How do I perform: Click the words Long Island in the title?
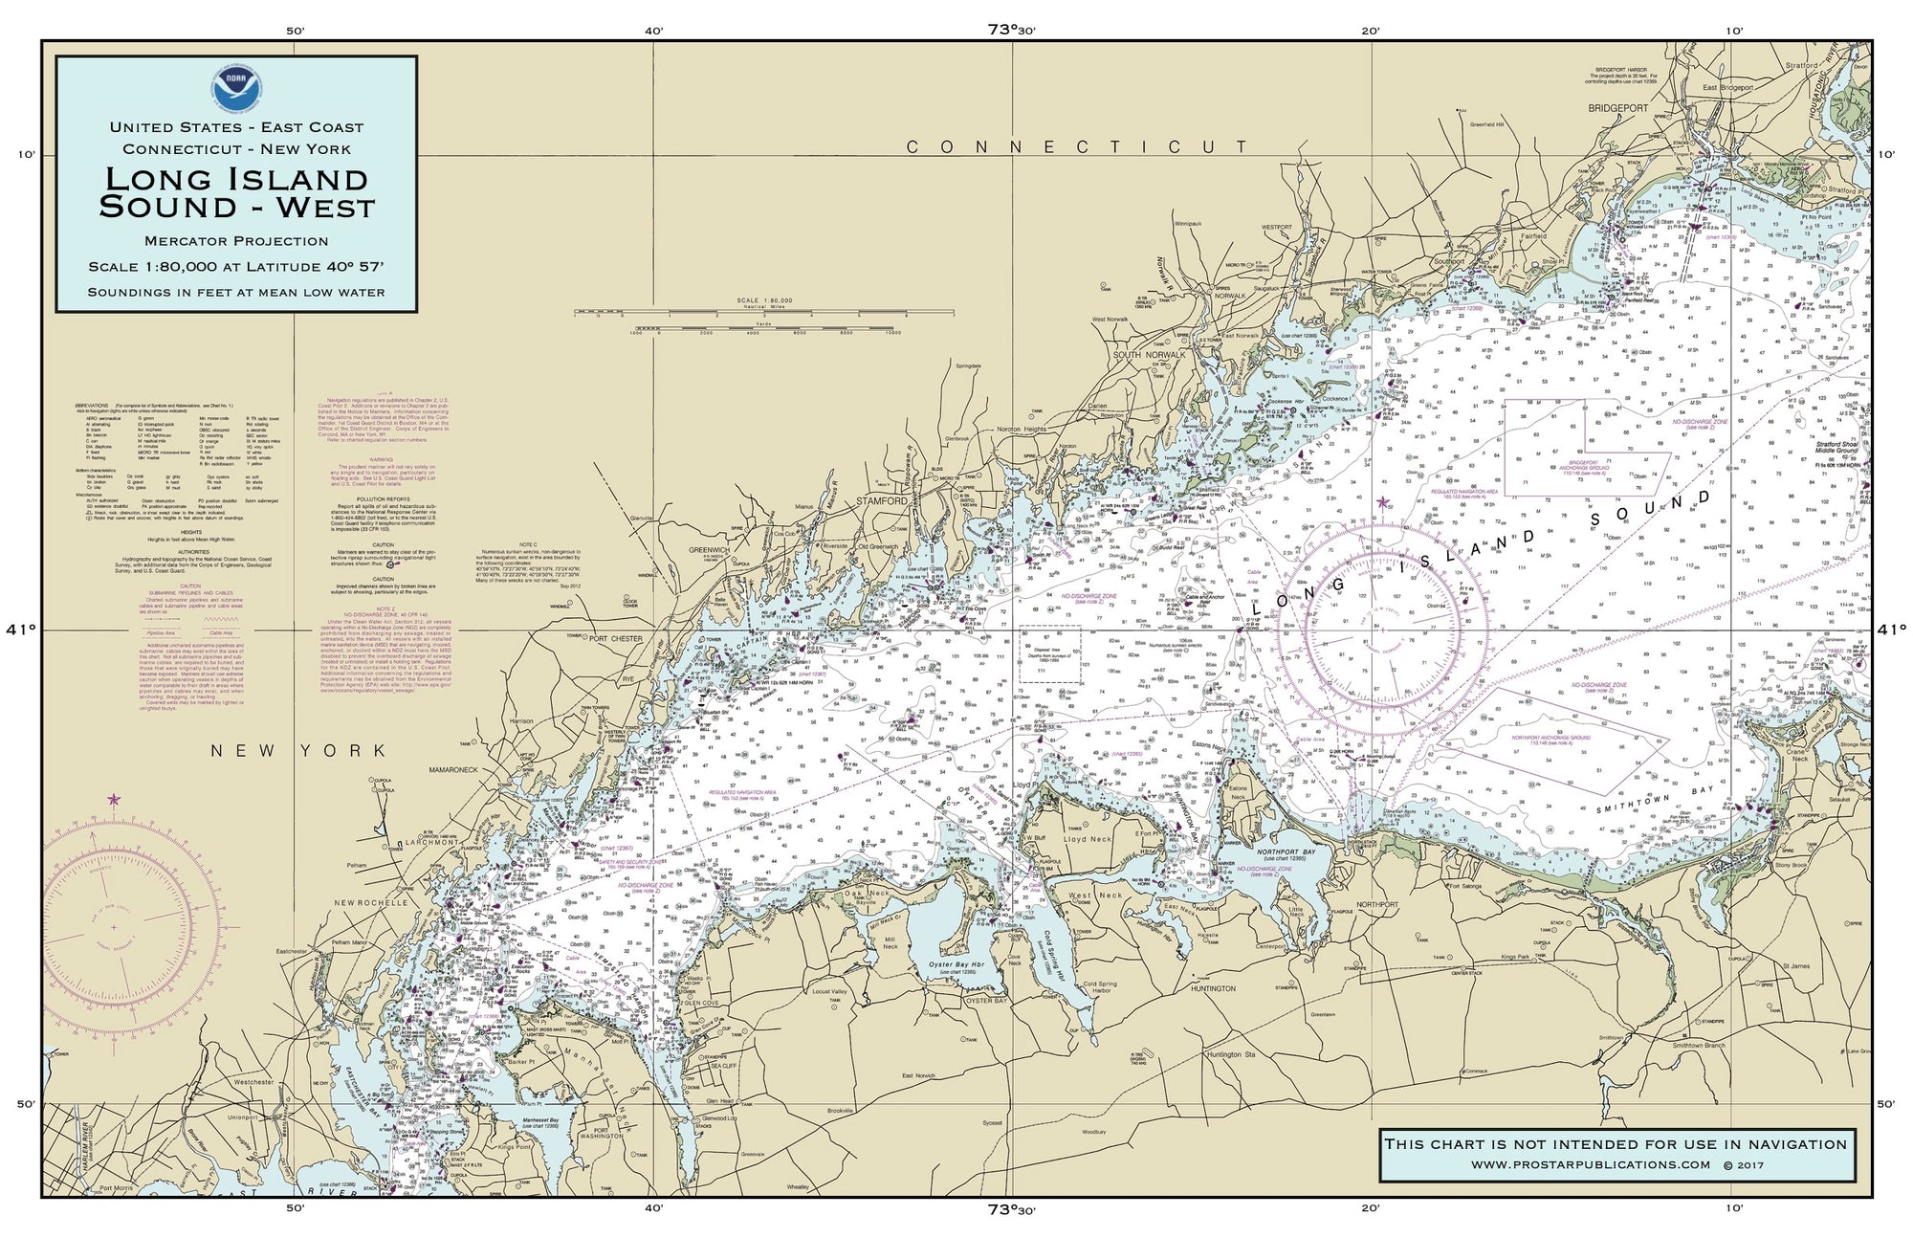pyautogui.click(x=236, y=179)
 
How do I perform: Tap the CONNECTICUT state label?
pyautogui.click(x=1076, y=146)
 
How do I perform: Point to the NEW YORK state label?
pyautogui.click(x=299, y=751)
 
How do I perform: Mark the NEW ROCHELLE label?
pyautogui.click(x=370, y=902)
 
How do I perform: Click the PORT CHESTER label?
pyautogui.click(x=617, y=638)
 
